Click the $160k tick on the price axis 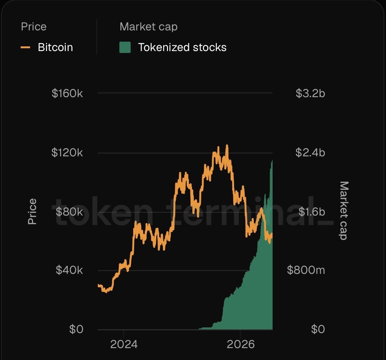tap(67, 93)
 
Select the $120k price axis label tap(67, 153)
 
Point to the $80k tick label tap(69, 211)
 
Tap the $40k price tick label tap(69, 270)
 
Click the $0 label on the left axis tap(76, 329)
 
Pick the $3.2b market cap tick tap(310, 93)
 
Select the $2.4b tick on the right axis tap(310, 153)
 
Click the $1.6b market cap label tap(312, 211)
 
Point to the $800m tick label tap(306, 270)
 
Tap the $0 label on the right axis tap(318, 329)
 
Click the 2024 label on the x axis tap(124, 344)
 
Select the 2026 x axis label tap(241, 344)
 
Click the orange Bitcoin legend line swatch tap(25, 47)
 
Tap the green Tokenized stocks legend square tap(125, 47)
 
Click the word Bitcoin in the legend tap(55, 47)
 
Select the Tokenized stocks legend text tap(182, 47)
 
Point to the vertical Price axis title tap(32, 211)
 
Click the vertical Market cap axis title tap(344, 211)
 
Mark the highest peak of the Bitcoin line tap(227, 145)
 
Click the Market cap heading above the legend tap(149, 27)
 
